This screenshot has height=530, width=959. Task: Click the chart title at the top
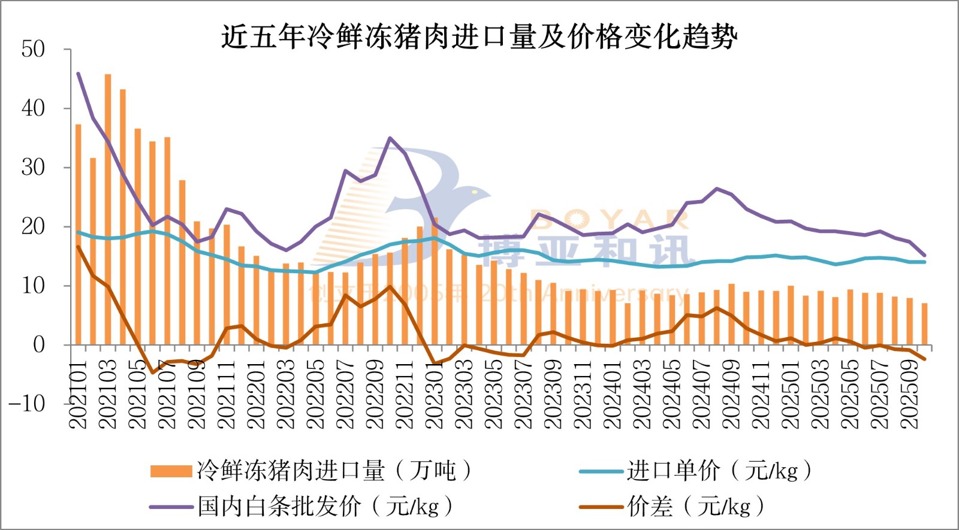pos(479,37)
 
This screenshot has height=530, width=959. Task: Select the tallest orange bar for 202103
pos(108,210)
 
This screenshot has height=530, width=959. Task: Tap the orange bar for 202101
pos(79,234)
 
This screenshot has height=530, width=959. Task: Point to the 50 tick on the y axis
pos(33,49)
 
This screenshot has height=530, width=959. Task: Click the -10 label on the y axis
pos(27,404)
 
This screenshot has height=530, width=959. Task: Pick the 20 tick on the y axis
pos(33,226)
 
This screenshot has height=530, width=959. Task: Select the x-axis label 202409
pos(731,394)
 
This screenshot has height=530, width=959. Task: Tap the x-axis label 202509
pos(909,394)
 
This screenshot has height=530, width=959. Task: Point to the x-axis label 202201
pos(257,394)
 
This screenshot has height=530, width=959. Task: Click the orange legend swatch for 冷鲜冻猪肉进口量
pos(171,471)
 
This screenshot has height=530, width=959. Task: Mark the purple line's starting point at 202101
pos(79,74)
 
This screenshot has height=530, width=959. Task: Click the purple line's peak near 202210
pos(390,138)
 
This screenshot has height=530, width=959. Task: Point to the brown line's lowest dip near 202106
pos(153,372)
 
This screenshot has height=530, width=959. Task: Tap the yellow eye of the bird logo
pos(475,192)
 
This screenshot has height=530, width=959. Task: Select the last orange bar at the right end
pos(924,324)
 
